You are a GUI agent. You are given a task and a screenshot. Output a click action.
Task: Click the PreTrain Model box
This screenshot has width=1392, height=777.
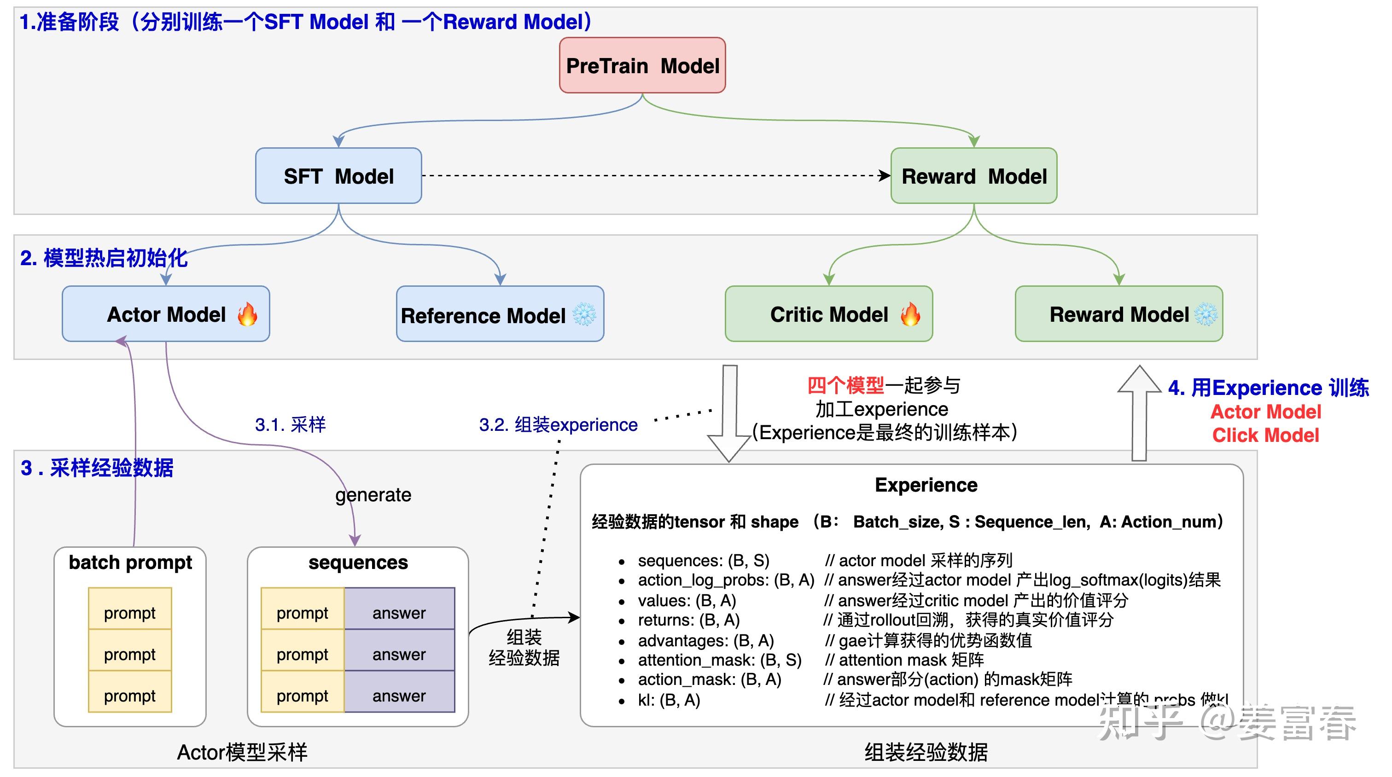(642, 65)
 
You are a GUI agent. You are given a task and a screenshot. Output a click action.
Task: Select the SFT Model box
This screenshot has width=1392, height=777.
(338, 176)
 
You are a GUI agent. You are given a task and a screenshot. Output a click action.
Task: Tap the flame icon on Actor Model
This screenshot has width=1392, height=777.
(247, 314)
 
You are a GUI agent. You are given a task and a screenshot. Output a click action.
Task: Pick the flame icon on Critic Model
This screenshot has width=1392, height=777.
(910, 314)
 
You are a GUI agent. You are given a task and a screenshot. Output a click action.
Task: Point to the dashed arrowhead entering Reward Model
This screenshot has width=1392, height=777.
(885, 176)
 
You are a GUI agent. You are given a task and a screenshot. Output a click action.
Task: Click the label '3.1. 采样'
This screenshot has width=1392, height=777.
(290, 425)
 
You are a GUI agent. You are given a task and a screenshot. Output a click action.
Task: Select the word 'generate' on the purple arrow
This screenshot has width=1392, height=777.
(373, 494)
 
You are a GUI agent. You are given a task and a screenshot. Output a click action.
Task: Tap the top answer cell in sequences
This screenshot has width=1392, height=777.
(399, 613)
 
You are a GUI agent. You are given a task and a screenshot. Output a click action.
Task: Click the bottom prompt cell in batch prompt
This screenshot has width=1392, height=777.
(130, 696)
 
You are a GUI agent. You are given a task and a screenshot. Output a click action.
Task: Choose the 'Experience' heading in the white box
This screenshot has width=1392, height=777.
(926, 485)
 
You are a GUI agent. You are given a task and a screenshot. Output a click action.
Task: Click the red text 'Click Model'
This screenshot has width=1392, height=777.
(1265, 435)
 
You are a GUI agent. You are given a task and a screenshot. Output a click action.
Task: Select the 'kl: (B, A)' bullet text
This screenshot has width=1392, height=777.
(669, 700)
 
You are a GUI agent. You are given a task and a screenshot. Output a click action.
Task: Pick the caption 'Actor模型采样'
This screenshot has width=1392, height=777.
(242, 752)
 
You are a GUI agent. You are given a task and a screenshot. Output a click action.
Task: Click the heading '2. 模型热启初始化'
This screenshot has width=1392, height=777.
(104, 258)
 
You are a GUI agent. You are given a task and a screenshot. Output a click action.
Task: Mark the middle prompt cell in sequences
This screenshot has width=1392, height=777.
(302, 655)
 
